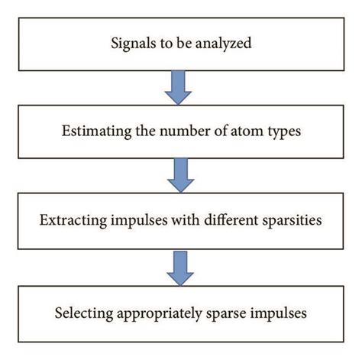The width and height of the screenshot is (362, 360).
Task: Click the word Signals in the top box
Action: [131, 44]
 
